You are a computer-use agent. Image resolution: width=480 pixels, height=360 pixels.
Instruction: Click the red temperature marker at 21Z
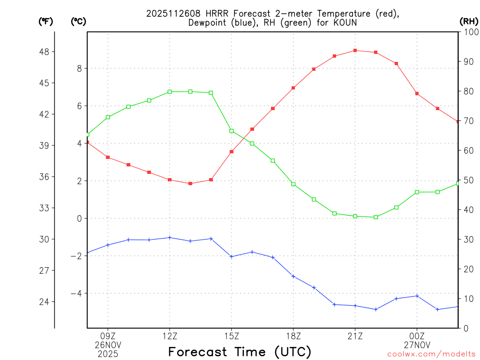[355, 50]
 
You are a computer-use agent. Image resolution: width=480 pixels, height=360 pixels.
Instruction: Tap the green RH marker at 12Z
[170, 92]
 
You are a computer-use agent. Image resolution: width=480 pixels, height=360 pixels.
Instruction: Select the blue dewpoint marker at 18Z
[293, 276]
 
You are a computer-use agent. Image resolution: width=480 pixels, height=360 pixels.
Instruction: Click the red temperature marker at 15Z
[232, 151]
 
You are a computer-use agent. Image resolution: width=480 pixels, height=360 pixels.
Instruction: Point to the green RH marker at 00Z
[417, 192]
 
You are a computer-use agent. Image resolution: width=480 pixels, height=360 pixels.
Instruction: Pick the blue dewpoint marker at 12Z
[170, 238]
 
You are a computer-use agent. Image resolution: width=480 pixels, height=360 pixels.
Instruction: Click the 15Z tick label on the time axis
[232, 336]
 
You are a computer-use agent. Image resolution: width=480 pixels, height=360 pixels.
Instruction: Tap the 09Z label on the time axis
[108, 336]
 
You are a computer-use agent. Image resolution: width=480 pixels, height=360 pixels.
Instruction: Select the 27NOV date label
[417, 345]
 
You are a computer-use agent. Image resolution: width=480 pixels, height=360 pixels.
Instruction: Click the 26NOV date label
[108, 345]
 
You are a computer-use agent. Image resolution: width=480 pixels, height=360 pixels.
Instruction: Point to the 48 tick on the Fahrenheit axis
[46, 52]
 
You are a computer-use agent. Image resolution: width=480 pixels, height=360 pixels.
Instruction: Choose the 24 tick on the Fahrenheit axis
[46, 301]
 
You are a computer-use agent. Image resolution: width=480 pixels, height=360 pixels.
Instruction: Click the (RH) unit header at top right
[469, 21]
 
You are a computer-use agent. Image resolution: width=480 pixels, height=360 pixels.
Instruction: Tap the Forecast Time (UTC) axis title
[240, 352]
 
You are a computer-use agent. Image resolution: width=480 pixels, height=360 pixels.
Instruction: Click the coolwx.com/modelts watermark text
[431, 354]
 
